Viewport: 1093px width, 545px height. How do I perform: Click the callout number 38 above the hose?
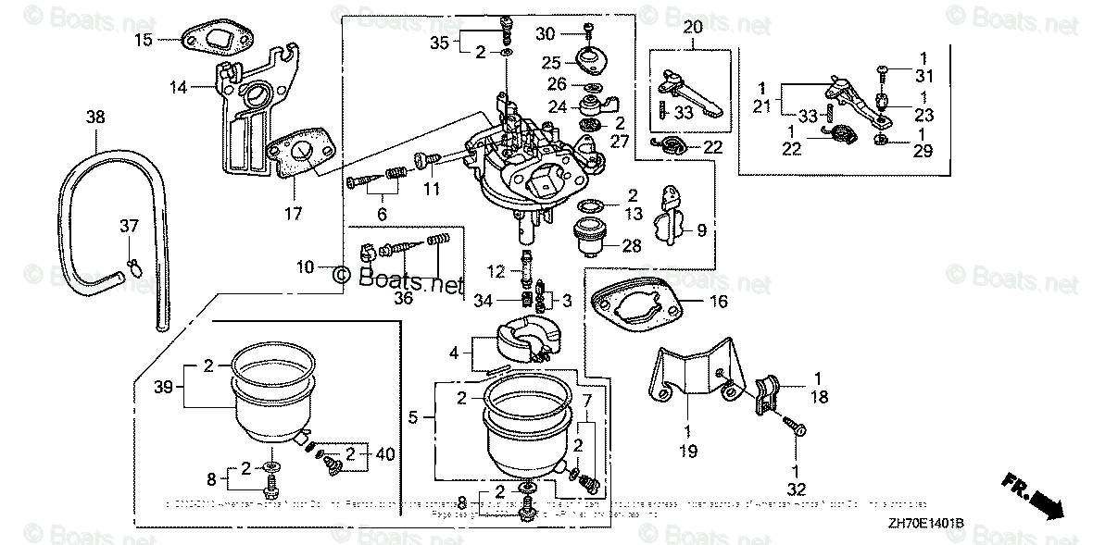coord(95,118)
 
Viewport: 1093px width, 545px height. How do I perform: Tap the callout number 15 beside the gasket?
coord(142,39)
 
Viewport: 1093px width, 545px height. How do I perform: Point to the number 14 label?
coord(177,87)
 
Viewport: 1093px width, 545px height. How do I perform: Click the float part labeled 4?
coord(524,340)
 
